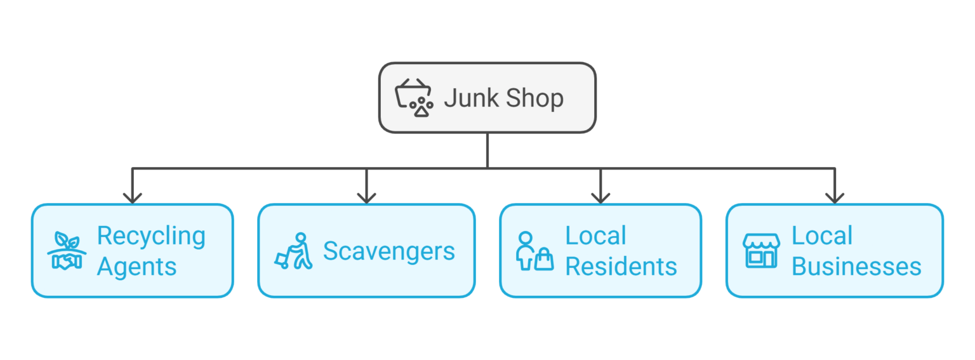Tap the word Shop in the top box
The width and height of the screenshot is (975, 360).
(533, 98)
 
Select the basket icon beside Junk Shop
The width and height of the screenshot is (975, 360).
(413, 98)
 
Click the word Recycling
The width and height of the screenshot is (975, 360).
(151, 236)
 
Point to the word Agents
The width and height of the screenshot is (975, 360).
(136, 267)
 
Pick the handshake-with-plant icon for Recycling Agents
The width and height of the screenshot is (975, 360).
(67, 251)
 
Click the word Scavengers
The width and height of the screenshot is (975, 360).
(388, 251)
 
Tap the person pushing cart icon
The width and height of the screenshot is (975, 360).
(294, 251)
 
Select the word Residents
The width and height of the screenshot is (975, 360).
(621, 267)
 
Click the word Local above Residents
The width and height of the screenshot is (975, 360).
(595, 236)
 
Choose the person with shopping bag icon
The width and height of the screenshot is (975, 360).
(534, 251)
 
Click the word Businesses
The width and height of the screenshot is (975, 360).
(856, 267)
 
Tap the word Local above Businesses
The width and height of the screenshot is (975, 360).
(821, 236)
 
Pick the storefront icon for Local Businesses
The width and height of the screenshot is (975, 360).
(761, 251)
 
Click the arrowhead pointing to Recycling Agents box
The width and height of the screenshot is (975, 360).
(132, 197)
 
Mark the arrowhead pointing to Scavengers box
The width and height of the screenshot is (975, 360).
(366, 197)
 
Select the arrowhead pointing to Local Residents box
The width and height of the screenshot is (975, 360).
(600, 197)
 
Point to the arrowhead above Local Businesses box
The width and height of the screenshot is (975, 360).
(835, 197)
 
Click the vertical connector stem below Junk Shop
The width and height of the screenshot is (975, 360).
(487, 150)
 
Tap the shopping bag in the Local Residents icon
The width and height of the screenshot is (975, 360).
(544, 260)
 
